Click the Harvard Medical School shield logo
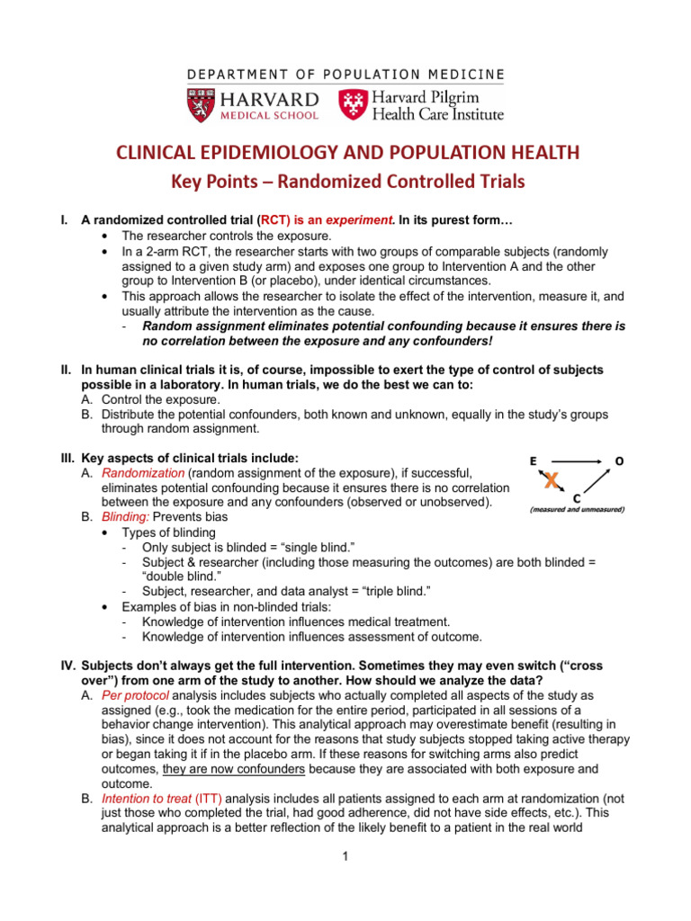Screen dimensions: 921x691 [x=200, y=104]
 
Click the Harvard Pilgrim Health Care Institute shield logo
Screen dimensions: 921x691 [x=353, y=104]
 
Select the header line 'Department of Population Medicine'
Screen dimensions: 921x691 [x=345, y=74]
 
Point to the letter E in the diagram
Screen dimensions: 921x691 [x=534, y=460]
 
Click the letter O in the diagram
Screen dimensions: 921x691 [x=618, y=460]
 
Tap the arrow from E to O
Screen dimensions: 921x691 [x=576, y=460]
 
